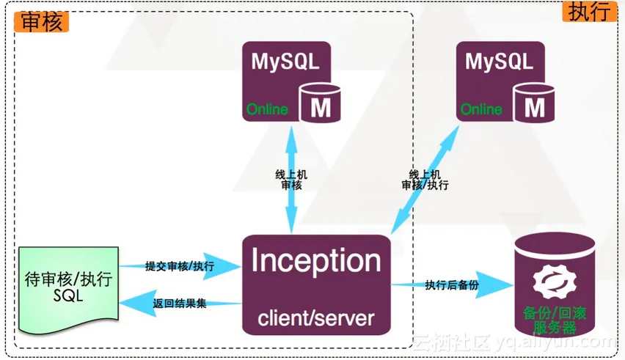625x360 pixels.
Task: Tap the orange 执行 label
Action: coord(587,12)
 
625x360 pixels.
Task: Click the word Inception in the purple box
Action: coord(315,262)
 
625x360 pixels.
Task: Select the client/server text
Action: coord(315,318)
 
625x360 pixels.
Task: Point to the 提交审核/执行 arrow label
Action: coord(180,266)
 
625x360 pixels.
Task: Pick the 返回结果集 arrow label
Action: coord(180,302)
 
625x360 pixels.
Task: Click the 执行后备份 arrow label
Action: coord(451,284)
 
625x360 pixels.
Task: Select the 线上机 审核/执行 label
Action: coord(425,180)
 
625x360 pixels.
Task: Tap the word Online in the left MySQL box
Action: coord(267,110)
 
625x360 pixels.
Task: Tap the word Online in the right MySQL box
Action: coord(481,110)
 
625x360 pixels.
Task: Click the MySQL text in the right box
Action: coord(499,61)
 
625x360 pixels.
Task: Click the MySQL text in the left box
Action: coord(285,61)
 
